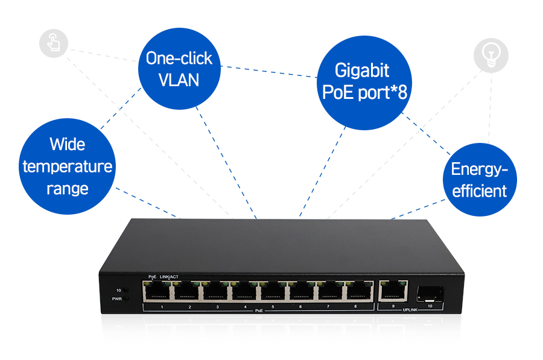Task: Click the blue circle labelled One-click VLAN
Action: [179, 68]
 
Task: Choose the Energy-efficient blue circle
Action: [479, 180]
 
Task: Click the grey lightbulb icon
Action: [491, 55]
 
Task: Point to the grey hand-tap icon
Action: [54, 44]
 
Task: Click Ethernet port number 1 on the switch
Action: [157, 292]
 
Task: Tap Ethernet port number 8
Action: [358, 292]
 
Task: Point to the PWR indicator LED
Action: [127, 298]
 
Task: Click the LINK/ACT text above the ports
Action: [169, 277]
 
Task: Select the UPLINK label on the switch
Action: [410, 310]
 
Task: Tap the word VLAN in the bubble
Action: [179, 79]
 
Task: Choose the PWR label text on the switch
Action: [116, 298]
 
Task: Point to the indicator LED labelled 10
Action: [127, 290]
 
